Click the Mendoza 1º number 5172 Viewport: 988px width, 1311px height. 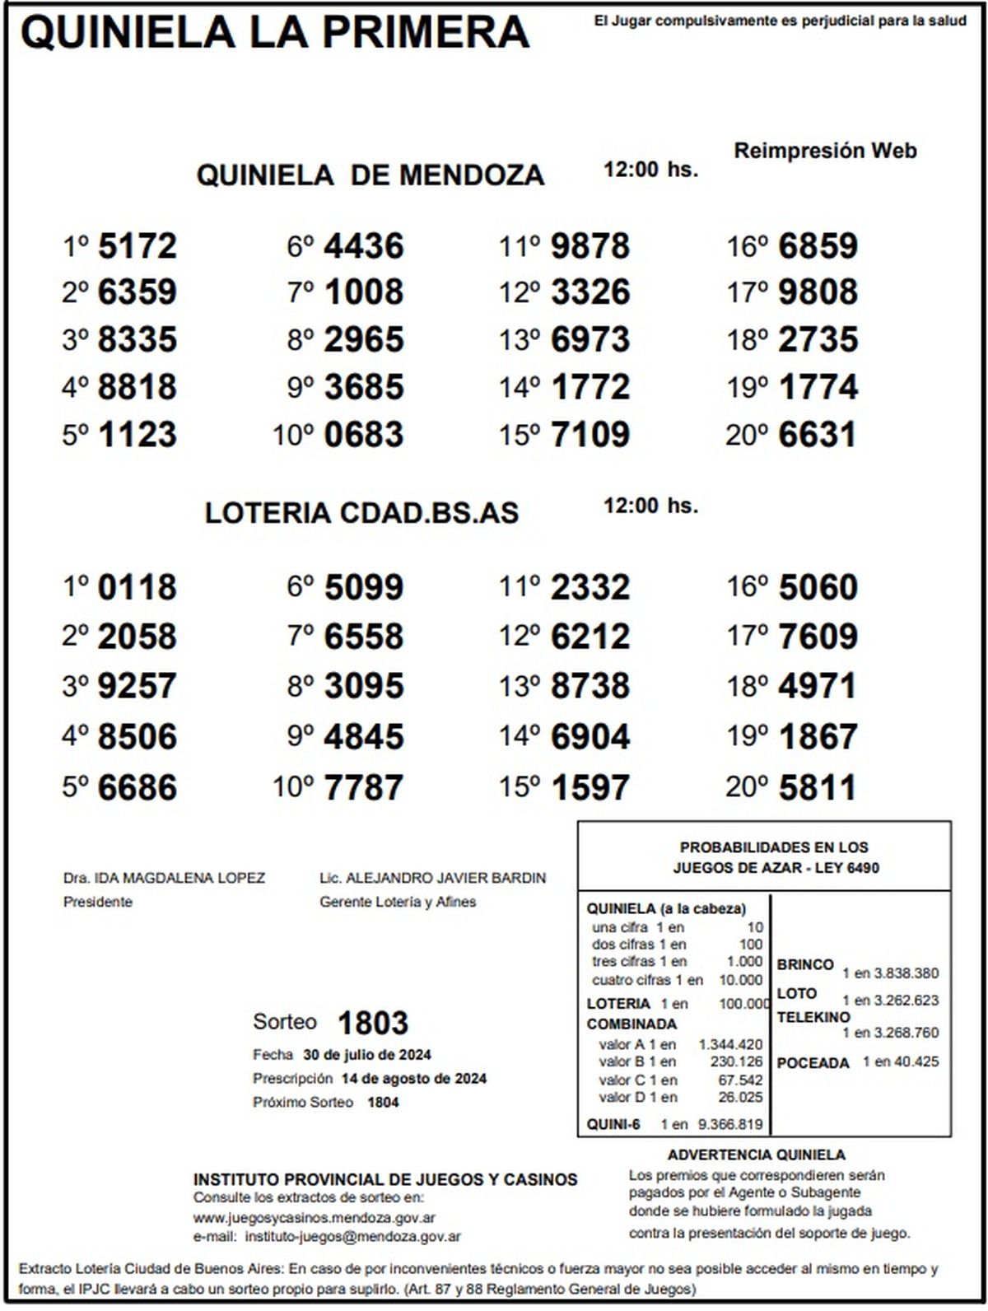(137, 246)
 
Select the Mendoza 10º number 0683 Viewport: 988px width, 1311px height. (364, 435)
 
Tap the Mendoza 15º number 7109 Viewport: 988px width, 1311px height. (590, 435)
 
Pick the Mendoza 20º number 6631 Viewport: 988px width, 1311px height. (817, 435)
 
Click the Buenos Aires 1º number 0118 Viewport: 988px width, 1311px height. (137, 588)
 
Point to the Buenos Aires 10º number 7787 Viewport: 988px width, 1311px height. (364, 787)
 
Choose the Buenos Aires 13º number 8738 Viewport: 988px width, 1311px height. (590, 686)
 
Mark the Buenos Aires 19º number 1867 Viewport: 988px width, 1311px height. (817, 737)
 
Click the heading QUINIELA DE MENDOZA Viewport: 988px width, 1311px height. (370, 175)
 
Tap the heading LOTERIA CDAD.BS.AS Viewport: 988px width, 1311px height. (361, 513)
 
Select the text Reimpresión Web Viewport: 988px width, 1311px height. (825, 151)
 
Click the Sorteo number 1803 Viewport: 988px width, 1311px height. (373, 1023)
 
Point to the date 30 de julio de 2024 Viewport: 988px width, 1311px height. (367, 1055)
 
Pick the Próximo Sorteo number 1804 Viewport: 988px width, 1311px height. (383, 1102)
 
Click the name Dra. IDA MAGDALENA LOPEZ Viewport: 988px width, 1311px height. (164, 878)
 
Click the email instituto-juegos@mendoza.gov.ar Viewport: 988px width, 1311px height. (353, 1236)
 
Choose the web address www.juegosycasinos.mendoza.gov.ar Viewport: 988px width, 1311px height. (315, 1217)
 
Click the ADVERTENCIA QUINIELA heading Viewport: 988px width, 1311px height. (756, 1155)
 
